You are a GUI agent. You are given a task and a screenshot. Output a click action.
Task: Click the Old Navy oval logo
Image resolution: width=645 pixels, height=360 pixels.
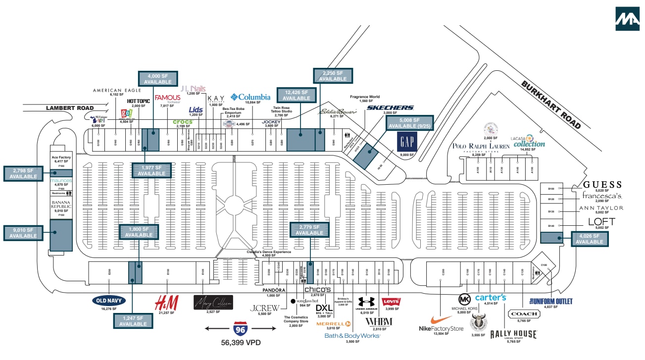109,300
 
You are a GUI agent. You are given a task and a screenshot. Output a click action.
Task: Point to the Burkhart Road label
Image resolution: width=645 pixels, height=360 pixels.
551,104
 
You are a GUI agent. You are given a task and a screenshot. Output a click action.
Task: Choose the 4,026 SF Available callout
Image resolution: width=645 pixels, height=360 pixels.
589,239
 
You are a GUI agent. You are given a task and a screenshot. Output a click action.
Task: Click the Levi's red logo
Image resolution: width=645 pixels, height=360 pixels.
391,302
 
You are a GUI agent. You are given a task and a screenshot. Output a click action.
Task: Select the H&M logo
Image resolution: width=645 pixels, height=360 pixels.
163,301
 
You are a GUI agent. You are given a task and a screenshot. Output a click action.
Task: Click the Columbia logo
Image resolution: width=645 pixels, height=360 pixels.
250,97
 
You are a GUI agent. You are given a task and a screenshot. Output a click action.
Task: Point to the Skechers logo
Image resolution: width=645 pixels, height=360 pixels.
390,107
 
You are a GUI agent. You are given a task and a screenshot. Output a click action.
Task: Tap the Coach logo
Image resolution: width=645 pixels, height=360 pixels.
524,313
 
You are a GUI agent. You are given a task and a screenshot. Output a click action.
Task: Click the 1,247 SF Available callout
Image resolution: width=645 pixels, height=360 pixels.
133,321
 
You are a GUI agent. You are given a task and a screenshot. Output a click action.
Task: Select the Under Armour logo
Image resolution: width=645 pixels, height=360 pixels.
366,301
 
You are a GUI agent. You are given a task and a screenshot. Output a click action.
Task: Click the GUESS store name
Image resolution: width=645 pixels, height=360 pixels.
602,184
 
